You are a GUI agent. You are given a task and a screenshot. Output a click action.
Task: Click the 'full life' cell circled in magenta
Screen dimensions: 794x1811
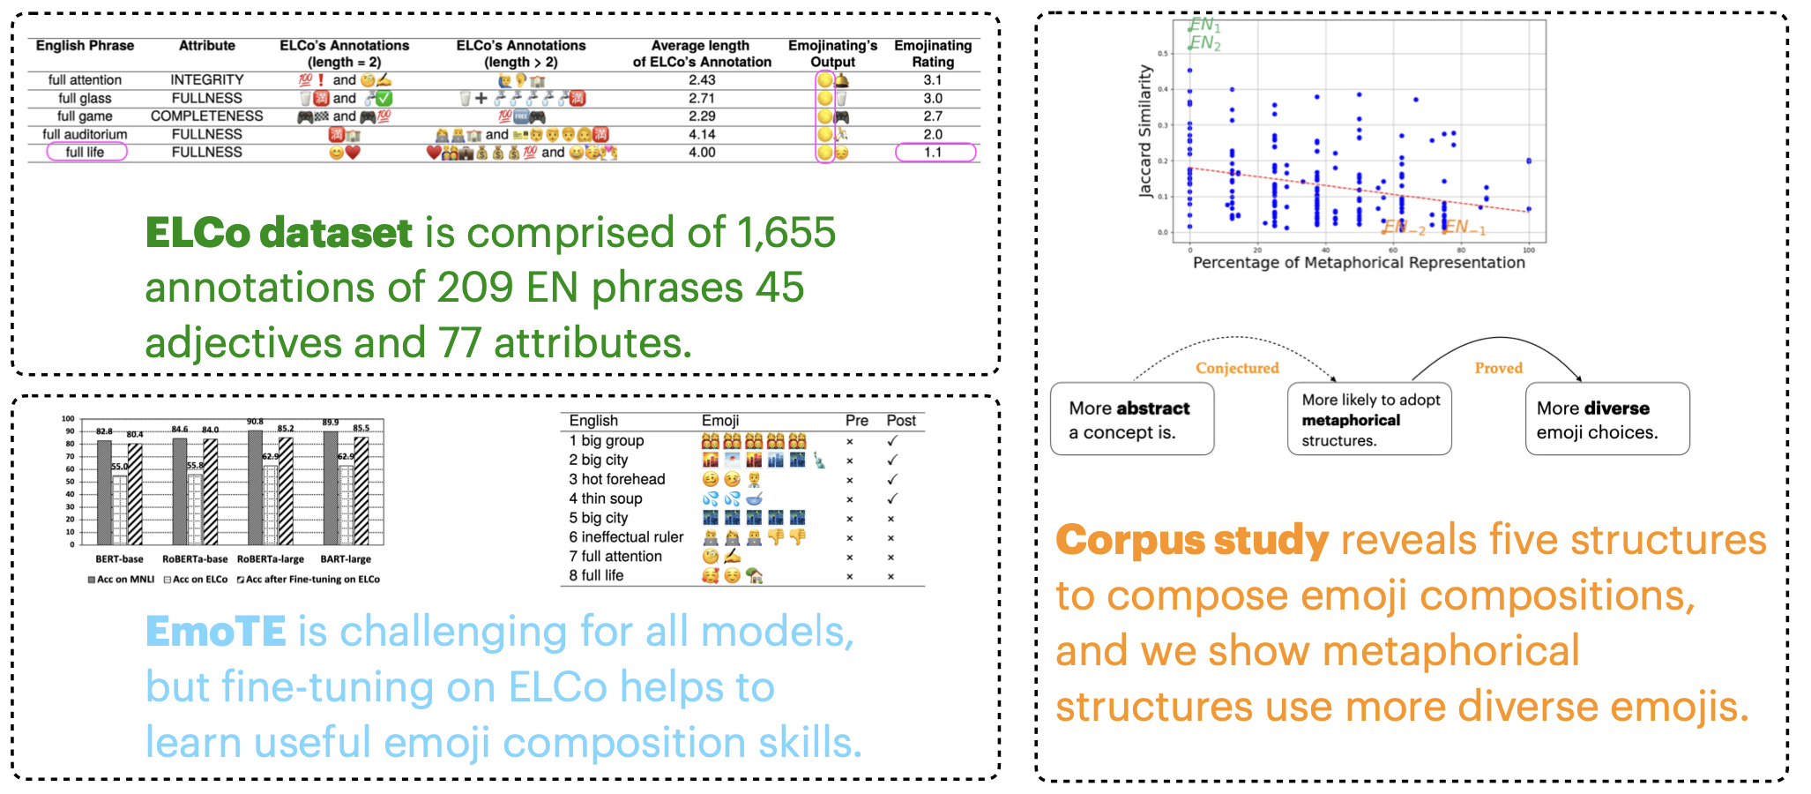point(85,152)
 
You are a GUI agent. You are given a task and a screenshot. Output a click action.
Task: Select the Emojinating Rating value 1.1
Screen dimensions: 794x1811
point(934,152)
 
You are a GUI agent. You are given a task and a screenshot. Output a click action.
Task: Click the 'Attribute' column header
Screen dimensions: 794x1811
point(207,46)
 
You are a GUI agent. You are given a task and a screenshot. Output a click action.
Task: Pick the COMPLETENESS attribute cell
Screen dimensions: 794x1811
point(207,116)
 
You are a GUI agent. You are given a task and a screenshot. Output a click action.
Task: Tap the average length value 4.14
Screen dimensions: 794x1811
point(702,134)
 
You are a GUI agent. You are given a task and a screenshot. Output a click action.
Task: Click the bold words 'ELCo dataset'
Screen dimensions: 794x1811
point(279,233)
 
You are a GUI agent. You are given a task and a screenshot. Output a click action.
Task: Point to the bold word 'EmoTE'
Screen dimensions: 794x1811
point(216,632)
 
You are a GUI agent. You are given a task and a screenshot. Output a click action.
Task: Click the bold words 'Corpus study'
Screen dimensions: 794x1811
point(1192,540)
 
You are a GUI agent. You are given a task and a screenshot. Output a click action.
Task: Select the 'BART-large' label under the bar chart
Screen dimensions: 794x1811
point(346,559)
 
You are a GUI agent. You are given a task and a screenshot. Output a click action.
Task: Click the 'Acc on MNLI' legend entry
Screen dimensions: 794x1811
point(122,580)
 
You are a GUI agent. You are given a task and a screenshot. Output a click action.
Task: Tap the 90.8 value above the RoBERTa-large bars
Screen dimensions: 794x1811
point(256,423)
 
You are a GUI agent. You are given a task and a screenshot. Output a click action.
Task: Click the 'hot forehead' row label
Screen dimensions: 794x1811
point(622,479)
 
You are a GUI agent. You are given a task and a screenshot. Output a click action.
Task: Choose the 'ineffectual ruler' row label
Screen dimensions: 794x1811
point(631,537)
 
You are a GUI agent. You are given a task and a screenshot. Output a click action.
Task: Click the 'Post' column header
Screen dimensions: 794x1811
point(901,421)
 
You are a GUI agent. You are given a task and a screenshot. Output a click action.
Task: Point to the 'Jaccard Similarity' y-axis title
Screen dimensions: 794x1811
point(1145,131)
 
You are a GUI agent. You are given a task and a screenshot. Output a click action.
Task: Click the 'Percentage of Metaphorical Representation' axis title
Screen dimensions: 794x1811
point(1359,262)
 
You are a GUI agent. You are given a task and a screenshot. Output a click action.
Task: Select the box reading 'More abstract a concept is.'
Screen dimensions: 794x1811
point(1132,419)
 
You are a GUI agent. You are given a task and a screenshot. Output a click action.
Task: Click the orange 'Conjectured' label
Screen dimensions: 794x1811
point(1237,368)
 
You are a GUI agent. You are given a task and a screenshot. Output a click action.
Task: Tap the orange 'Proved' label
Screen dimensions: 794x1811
point(1499,368)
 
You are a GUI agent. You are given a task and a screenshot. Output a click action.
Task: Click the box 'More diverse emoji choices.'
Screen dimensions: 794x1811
point(1606,419)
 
